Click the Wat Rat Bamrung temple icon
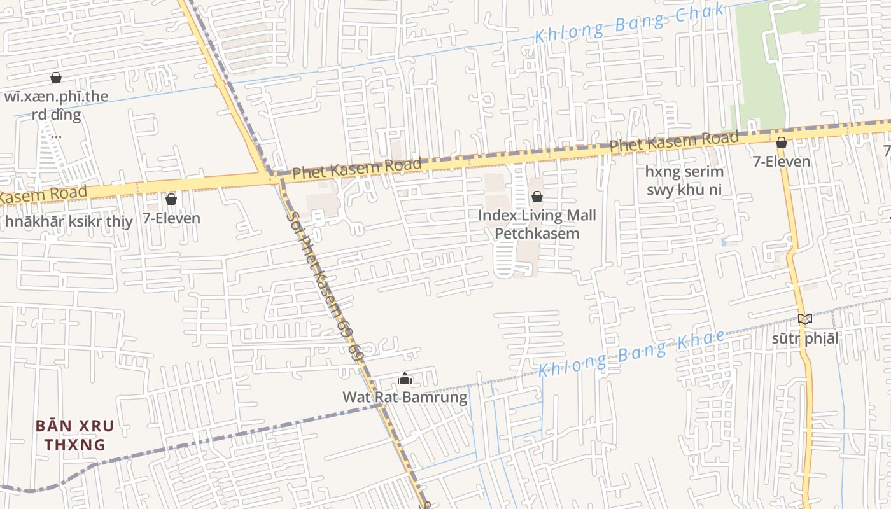(x=405, y=379)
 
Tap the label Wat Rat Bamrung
(x=405, y=398)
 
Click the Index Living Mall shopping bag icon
(x=537, y=197)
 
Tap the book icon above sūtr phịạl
(x=805, y=319)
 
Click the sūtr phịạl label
(x=805, y=338)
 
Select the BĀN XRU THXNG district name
(x=74, y=435)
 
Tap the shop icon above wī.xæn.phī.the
(x=56, y=78)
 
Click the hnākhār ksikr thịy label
(x=69, y=222)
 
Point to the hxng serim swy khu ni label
(x=684, y=181)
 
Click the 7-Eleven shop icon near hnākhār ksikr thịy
(x=171, y=199)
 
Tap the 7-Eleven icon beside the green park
(x=781, y=143)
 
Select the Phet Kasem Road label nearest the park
(x=674, y=141)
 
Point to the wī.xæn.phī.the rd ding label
(x=56, y=106)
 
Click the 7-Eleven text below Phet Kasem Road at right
(x=782, y=162)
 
